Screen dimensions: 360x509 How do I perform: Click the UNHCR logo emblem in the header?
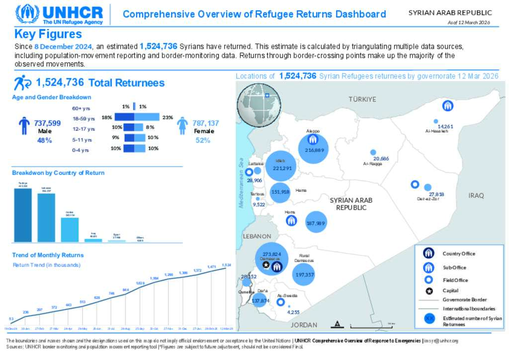tap(27, 14)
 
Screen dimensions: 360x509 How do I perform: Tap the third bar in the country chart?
tap(70, 229)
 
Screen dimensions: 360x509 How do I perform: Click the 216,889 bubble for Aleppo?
tap(313, 150)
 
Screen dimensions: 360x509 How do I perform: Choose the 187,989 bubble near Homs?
tap(316, 223)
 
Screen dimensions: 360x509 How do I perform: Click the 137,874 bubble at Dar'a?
tap(260, 300)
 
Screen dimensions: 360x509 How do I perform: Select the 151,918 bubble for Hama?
tap(280, 192)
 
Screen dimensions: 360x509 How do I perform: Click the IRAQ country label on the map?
tap(476, 195)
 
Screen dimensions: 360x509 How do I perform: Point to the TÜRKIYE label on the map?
tap(362, 99)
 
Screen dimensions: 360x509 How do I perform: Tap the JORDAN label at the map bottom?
tap(304, 325)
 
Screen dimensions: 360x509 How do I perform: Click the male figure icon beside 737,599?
tap(24, 126)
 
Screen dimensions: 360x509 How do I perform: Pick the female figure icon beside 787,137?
tap(182, 126)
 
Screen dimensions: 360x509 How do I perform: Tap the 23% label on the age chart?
tap(167, 118)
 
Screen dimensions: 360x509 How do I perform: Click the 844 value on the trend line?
tap(126, 290)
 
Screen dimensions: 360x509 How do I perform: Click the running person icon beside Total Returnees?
tap(23, 83)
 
